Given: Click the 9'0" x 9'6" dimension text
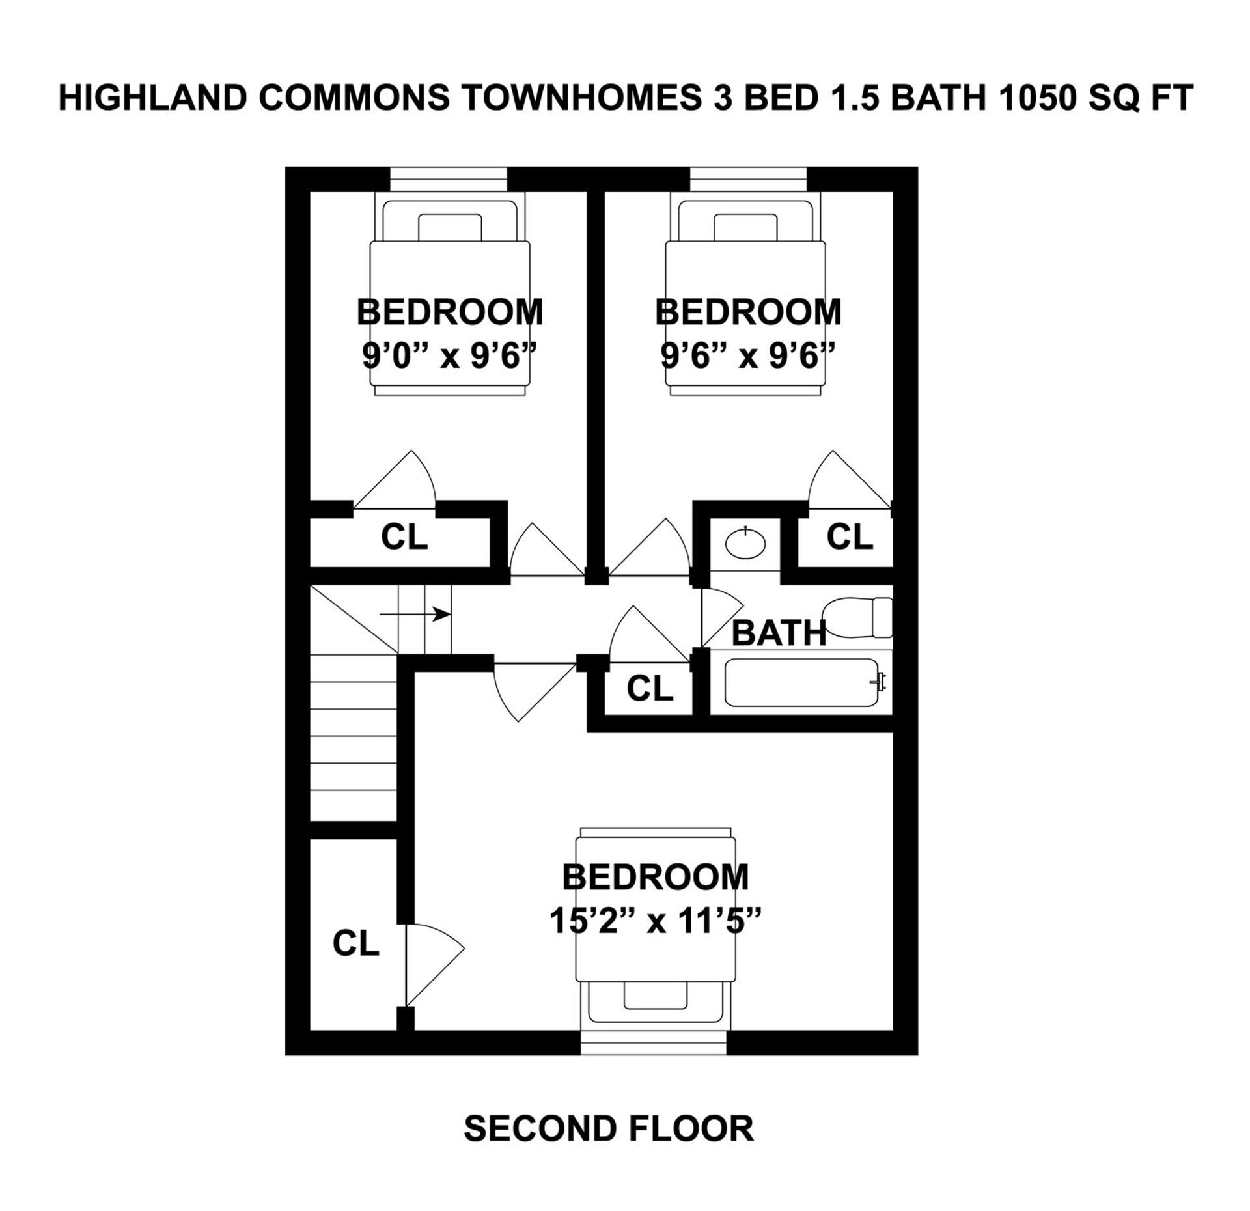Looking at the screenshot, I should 449,356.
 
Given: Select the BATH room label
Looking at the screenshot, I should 779,633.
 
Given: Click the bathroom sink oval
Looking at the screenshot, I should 745,543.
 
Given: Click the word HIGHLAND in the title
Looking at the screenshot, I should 153,98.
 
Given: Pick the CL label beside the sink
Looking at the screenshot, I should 849,537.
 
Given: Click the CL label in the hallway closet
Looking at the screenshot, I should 649,688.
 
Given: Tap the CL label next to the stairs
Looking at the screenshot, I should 355,943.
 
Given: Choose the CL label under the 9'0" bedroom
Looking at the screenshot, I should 404,537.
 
